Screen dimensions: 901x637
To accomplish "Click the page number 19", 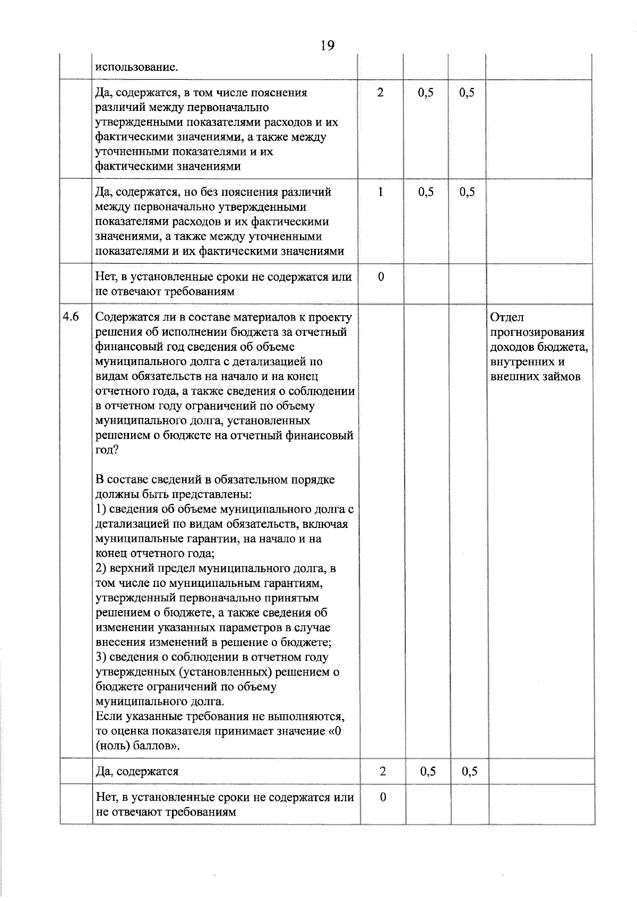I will click(x=328, y=46).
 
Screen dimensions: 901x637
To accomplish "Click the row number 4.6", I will click(x=71, y=317).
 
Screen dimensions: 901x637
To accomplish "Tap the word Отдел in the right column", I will click(x=507, y=317).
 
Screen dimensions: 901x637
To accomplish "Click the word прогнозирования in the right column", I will click(x=537, y=332).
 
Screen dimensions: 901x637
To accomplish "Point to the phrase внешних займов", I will click(x=535, y=377).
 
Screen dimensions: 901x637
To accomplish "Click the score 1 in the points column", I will click(x=381, y=192).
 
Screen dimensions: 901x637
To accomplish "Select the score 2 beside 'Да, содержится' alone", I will click(x=382, y=771).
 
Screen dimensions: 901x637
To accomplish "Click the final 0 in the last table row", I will click(x=382, y=798).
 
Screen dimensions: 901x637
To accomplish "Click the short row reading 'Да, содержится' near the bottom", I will click(x=137, y=771).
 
